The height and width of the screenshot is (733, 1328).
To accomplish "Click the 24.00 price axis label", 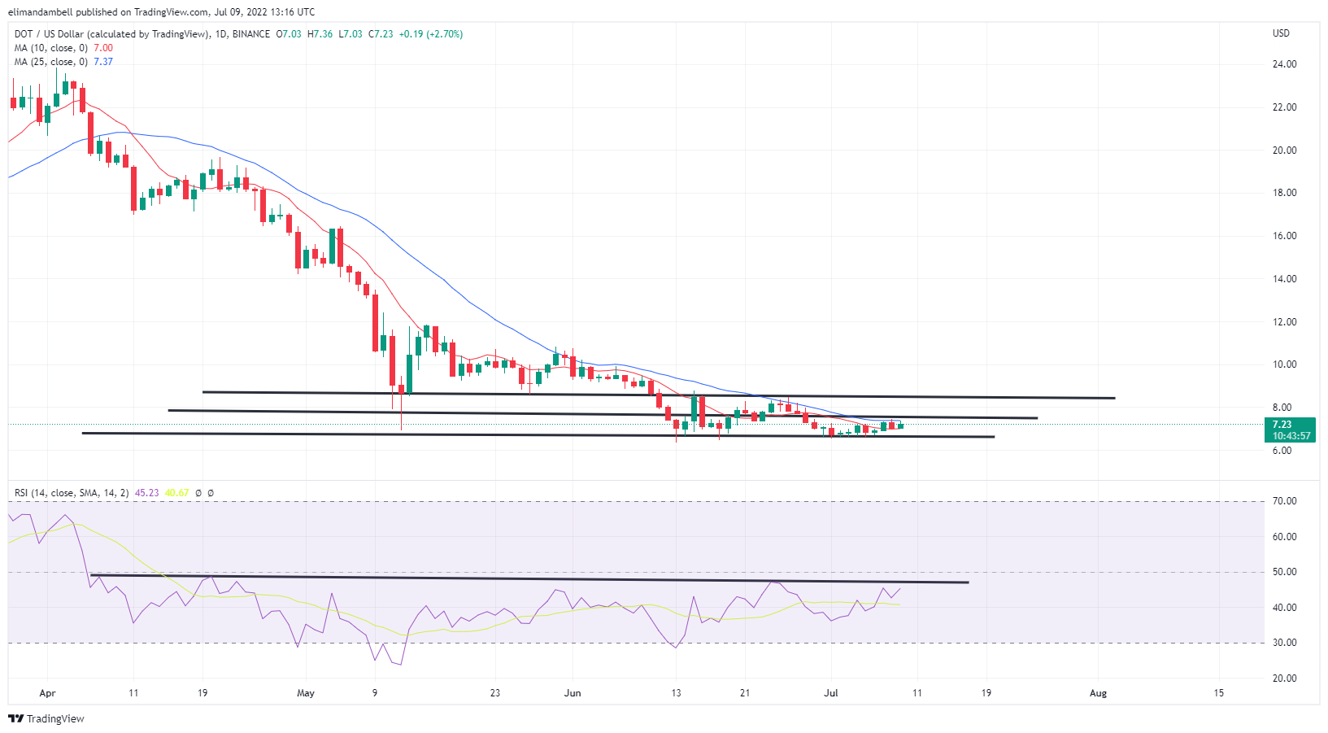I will pos(1284,64).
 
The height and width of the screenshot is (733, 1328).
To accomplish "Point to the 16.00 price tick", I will pos(1284,236).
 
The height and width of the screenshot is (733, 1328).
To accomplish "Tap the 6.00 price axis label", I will pos(1282,451).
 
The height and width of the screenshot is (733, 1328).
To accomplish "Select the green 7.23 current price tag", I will pos(1291,430).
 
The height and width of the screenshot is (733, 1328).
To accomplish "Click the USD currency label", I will pos(1281,33).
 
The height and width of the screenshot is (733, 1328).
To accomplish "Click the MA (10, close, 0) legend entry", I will pos(50,48).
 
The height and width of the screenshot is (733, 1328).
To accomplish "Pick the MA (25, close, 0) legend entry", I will pos(50,62).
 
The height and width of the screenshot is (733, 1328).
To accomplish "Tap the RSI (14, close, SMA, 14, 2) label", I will pos(72,493).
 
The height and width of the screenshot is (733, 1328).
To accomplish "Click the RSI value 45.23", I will pos(146,493).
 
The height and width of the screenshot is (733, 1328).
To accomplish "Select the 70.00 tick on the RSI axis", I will pos(1285,501).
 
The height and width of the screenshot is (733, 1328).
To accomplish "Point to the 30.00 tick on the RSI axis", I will pos(1285,643).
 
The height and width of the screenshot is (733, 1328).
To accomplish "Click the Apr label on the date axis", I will pos(47,693).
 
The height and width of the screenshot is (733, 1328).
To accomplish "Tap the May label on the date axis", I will pos(306,693).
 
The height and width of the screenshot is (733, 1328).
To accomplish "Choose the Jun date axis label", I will pos(573,693).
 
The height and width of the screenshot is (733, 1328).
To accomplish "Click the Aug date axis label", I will pos(1098,693).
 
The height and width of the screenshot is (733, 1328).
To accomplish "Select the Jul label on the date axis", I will pos(831,693).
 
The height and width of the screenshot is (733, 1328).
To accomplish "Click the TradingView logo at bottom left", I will pos(46,718).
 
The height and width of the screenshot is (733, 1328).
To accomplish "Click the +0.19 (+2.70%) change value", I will pos(431,34).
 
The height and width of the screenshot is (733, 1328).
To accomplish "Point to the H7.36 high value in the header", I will pos(320,34).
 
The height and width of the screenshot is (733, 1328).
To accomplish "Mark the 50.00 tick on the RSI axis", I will pos(1285,572).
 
